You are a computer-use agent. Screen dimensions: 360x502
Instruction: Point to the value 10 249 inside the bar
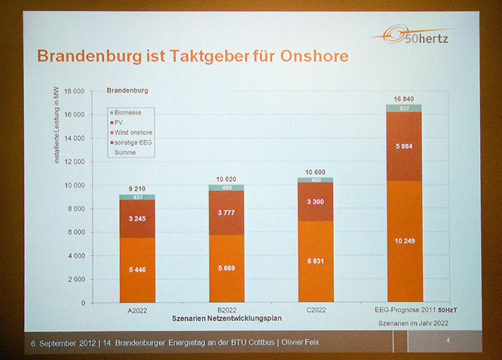405,240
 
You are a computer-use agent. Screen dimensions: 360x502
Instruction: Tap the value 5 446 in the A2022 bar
136,269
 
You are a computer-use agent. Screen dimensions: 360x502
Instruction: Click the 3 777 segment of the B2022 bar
225,212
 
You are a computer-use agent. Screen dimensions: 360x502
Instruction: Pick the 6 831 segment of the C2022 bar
315,261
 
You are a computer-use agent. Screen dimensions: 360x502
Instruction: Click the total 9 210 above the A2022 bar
136,188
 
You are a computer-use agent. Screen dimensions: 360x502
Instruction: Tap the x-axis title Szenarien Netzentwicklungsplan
222,319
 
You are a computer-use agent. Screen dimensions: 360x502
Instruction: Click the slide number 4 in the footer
448,341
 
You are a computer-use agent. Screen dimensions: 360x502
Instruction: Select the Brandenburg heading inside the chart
128,90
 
